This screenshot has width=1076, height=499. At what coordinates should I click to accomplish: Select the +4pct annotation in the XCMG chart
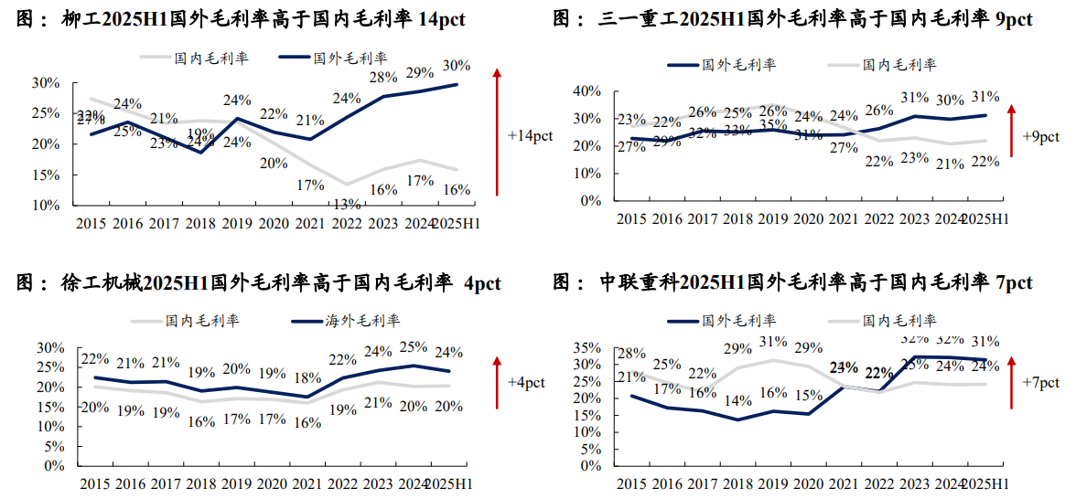pyautogui.click(x=526, y=382)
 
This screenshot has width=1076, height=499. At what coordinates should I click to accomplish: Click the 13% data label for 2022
pyautogui.click(x=347, y=203)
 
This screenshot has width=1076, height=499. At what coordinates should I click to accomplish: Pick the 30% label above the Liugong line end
pyautogui.click(x=456, y=66)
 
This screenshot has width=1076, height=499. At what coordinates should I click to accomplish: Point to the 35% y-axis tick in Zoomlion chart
pyautogui.click(x=586, y=347)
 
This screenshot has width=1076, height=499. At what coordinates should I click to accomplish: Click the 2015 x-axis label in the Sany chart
pyautogui.click(x=631, y=218)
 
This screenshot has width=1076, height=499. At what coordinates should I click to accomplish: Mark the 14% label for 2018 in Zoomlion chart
pyautogui.click(x=737, y=400)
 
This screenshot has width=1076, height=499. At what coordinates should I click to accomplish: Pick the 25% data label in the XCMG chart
pyautogui.click(x=413, y=347)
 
